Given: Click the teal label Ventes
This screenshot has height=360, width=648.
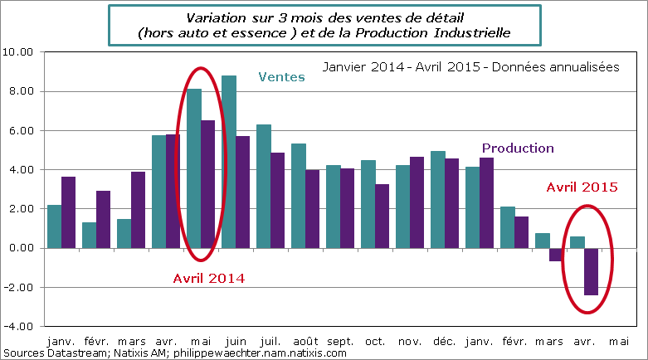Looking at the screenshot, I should pyautogui.click(x=282, y=77).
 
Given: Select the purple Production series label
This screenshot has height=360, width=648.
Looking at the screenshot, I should pyautogui.click(x=518, y=148).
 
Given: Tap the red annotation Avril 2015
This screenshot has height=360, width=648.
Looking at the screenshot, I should pyautogui.click(x=582, y=187).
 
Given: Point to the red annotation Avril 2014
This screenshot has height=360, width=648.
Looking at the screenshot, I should pyautogui.click(x=208, y=279).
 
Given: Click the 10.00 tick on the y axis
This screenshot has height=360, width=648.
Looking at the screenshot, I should pyautogui.click(x=18, y=51).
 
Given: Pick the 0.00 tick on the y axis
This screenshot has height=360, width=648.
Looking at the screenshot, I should pyautogui.click(x=21, y=248).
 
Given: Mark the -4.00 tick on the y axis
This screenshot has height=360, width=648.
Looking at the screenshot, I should pyautogui.click(x=19, y=327).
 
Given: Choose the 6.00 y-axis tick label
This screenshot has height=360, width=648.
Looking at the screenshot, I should pyautogui.click(x=21, y=130).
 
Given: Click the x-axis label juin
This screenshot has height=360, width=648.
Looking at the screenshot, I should pyautogui.click(x=236, y=341).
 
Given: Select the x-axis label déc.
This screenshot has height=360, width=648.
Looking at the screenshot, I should pyautogui.click(x=445, y=341).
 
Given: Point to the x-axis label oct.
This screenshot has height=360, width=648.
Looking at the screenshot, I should pyautogui.click(x=375, y=341).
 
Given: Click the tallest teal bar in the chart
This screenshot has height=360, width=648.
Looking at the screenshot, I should pyautogui.click(x=229, y=162).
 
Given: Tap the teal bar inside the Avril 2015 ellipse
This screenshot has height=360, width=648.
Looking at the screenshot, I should pyautogui.click(x=577, y=242).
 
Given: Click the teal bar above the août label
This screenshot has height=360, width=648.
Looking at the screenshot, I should pyautogui.click(x=299, y=196).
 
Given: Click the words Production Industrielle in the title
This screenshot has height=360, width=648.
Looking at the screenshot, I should pyautogui.click(x=441, y=32).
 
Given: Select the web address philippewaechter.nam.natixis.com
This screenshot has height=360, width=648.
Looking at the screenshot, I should pyautogui.click(x=258, y=353).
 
